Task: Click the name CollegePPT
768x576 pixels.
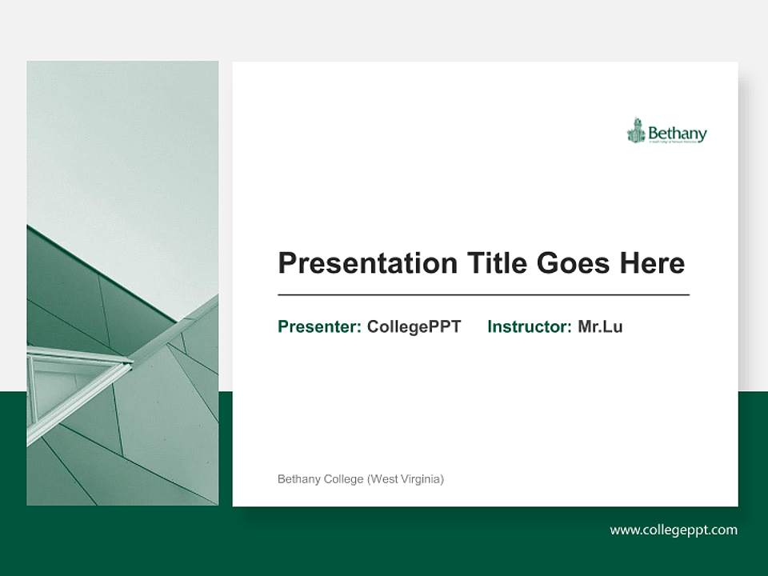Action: click(x=414, y=326)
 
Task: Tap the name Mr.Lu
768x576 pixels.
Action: click(x=600, y=326)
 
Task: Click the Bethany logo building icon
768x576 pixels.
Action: click(x=636, y=130)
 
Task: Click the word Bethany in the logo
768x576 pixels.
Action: click(x=677, y=132)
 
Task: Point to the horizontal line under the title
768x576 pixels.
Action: click(x=483, y=295)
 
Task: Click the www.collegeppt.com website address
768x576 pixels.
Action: click(x=674, y=530)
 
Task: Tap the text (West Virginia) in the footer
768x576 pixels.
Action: click(x=405, y=479)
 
